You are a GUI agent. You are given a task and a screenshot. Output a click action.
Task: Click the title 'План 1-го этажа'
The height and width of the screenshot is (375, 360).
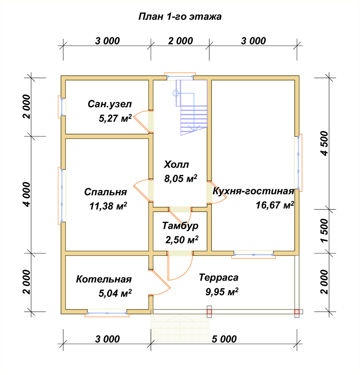[180, 17]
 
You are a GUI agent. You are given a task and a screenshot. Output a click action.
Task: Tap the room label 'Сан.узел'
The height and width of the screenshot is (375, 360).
[110, 104]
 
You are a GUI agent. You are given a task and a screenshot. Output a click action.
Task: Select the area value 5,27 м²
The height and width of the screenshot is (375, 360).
[115, 118]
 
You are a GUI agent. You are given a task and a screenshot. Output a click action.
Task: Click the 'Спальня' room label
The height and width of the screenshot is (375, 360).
[105, 192]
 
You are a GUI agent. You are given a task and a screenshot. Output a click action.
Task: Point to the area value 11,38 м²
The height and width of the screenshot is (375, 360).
[108, 206]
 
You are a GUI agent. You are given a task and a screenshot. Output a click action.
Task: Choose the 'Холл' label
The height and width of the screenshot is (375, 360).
[176, 164]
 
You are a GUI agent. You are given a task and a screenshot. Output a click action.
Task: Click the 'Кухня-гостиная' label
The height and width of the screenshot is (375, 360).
[253, 191]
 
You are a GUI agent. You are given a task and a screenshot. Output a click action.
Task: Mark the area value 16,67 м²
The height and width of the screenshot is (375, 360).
[275, 205]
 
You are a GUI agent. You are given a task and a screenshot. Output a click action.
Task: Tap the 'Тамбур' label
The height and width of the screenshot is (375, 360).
[180, 226]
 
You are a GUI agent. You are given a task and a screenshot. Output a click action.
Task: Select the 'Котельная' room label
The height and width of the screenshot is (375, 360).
[104, 279]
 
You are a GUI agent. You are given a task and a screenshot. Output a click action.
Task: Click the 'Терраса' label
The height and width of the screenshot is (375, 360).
[219, 278]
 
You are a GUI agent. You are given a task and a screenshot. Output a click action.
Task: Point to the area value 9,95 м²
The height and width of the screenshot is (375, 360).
[222, 292]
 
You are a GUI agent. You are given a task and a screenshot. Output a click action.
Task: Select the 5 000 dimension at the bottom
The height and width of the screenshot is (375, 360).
[224, 339]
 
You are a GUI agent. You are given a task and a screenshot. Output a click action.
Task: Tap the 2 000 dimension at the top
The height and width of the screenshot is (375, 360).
[181, 41]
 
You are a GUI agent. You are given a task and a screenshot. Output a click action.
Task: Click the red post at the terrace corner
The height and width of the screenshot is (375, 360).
[297, 312]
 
